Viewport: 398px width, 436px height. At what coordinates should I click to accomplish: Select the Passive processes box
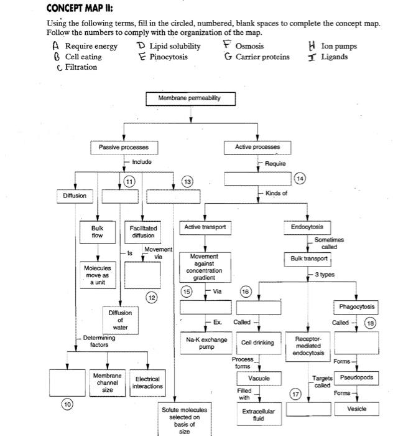[x=124, y=147]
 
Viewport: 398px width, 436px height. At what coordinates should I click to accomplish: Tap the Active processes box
[x=257, y=147]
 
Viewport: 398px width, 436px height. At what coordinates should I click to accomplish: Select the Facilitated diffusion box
[x=142, y=232]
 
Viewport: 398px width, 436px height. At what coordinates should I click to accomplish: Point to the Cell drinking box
[x=257, y=343]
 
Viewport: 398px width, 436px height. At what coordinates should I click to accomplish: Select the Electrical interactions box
[x=147, y=382]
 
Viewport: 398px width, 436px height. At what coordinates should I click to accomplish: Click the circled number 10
[x=65, y=406]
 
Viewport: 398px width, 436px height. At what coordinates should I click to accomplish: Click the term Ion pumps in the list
[x=339, y=46]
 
